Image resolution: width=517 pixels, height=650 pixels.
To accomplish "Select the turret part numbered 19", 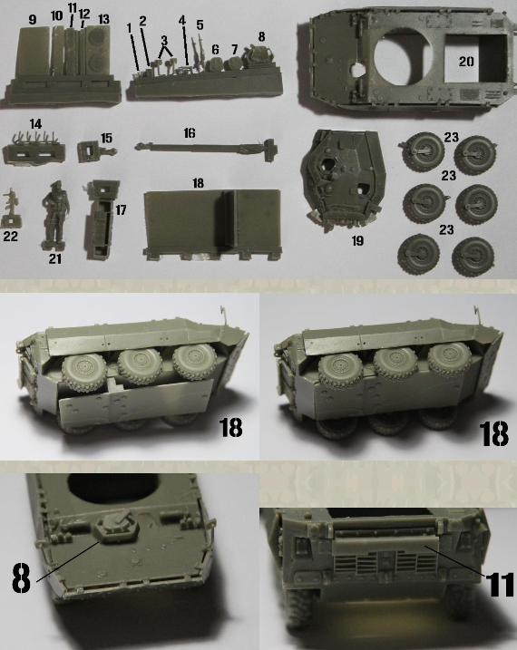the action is pyautogui.click(x=344, y=179).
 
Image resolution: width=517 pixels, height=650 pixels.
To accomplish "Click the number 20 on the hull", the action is pyautogui.click(x=465, y=61).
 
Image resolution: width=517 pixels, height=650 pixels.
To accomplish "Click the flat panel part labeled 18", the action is pyautogui.click(x=212, y=224).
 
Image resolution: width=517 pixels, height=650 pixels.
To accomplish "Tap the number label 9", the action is pyautogui.click(x=33, y=19).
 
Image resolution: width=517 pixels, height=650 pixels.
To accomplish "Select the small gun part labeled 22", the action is pyautogui.click(x=10, y=209).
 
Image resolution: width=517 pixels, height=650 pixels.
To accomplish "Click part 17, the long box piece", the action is pyautogui.click(x=102, y=219).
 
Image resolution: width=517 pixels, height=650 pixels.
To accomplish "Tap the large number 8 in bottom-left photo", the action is pyautogui.click(x=21, y=577).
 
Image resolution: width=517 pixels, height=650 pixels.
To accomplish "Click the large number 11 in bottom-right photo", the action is pyautogui.click(x=501, y=584).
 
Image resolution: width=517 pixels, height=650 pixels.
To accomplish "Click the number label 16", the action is pyautogui.click(x=190, y=132).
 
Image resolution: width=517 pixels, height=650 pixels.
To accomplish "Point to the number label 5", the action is pyautogui.click(x=200, y=24).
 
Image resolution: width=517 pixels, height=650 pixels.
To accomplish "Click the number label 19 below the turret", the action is pyautogui.click(x=357, y=240).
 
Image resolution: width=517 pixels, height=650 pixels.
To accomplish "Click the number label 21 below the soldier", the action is pyautogui.click(x=55, y=258).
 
